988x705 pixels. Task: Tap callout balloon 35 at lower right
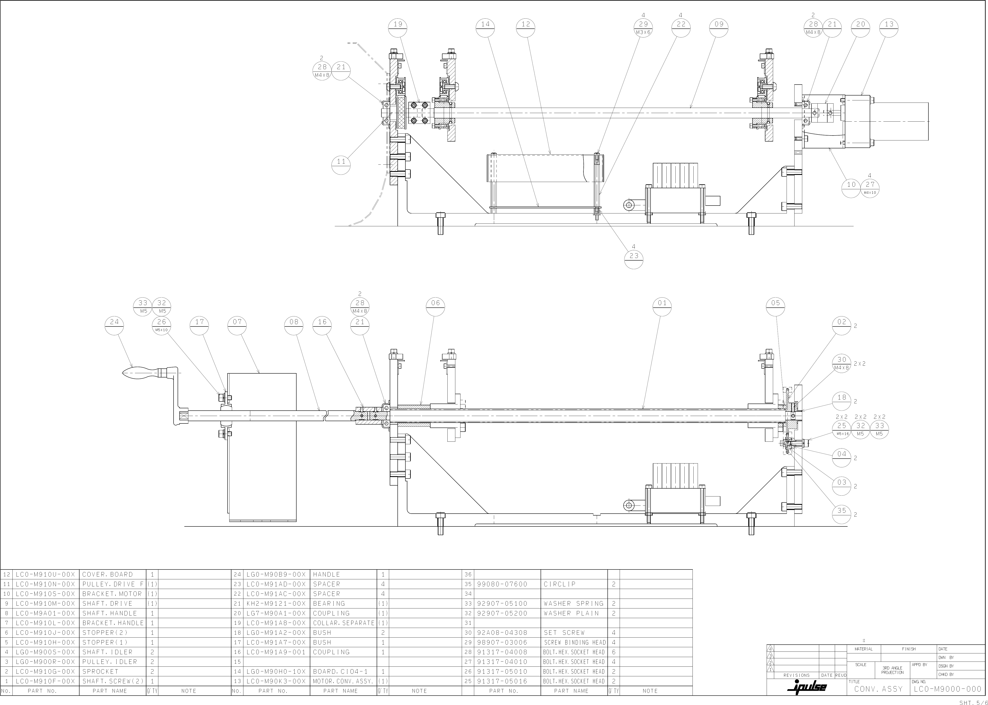click(842, 514)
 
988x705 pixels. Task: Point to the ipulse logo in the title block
click(807, 687)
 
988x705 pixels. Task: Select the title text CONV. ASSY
click(878, 689)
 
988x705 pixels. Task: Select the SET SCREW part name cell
click(564, 632)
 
